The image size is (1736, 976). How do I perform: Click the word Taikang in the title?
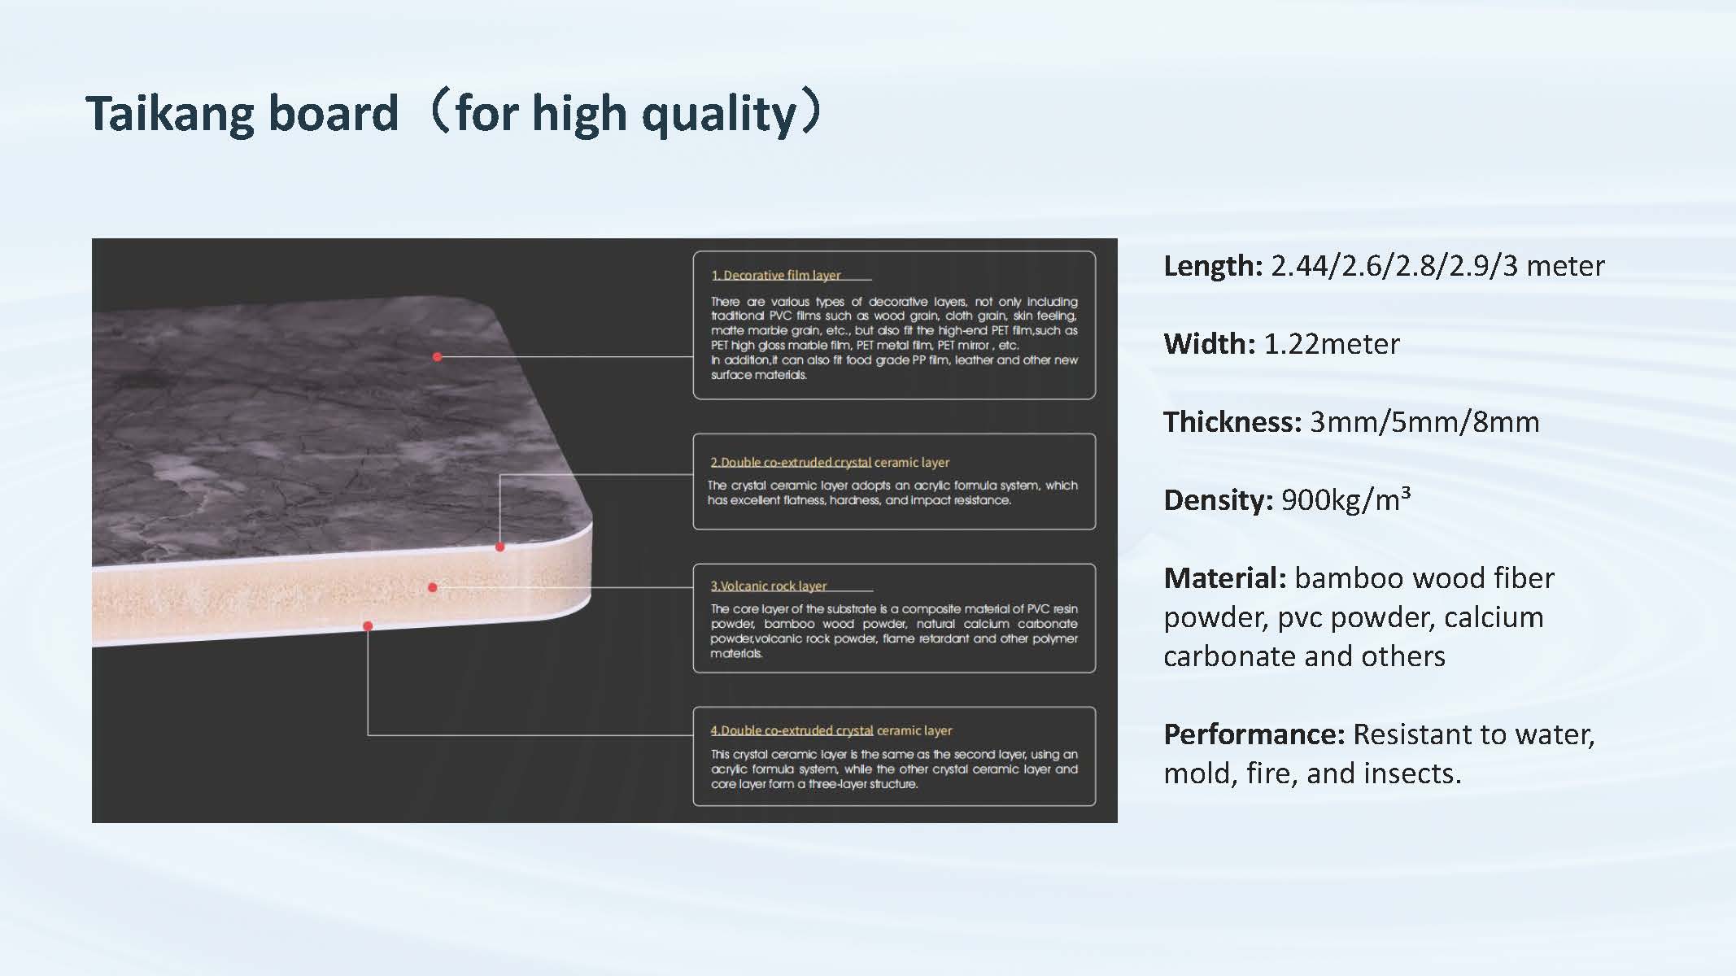(x=172, y=113)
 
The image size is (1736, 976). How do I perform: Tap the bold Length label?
(x=1213, y=266)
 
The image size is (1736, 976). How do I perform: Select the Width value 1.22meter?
(x=1332, y=344)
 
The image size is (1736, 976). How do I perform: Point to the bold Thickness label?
(x=1232, y=422)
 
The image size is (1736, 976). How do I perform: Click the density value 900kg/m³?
(x=1346, y=499)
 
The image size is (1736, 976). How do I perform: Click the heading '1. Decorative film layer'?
(x=776, y=275)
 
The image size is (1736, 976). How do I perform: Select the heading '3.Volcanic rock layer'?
(x=769, y=586)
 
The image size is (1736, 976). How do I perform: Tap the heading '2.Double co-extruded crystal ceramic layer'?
(x=830, y=462)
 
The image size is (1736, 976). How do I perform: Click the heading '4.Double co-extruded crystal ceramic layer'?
(x=831, y=730)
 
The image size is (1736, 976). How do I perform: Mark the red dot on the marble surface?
(x=438, y=357)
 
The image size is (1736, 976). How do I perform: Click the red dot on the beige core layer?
(x=433, y=587)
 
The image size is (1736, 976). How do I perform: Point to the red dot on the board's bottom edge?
(x=368, y=626)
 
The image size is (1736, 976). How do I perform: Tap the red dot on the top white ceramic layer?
(x=500, y=547)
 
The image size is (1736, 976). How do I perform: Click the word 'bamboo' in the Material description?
(x=1350, y=578)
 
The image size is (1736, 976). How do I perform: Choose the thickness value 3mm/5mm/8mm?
(x=1424, y=422)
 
